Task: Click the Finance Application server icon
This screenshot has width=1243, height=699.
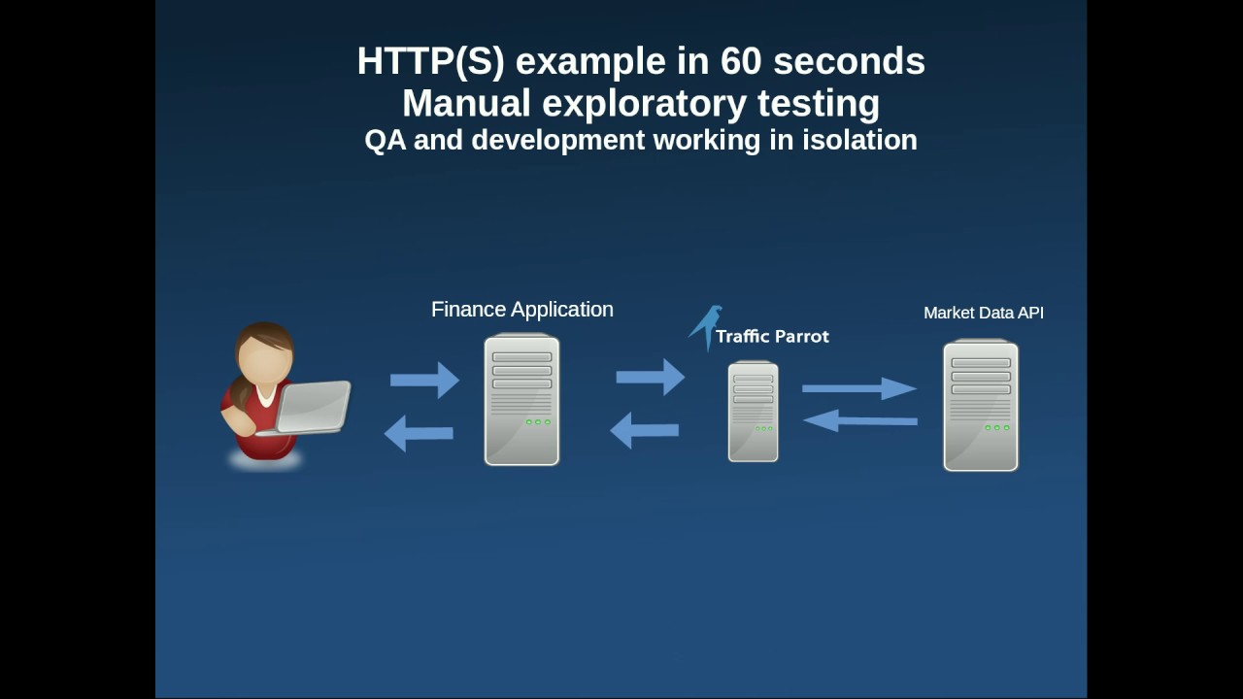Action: [521, 400]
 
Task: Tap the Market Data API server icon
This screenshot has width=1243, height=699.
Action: [981, 406]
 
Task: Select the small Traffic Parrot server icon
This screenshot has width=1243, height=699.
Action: [753, 412]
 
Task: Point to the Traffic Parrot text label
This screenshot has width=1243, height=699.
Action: [772, 337]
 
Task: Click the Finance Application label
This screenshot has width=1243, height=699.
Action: [522, 310]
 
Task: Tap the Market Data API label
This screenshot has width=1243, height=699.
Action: [983, 313]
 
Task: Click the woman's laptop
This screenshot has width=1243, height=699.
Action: [313, 407]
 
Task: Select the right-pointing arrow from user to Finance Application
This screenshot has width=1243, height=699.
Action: [424, 380]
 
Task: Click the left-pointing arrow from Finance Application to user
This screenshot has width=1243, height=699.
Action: [419, 433]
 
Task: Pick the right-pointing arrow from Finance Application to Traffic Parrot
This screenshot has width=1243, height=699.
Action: [650, 377]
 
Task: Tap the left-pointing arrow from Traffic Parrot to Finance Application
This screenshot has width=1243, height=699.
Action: [644, 430]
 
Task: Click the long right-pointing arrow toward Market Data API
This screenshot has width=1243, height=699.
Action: [858, 388]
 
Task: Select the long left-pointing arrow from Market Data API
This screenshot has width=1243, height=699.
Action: [860, 420]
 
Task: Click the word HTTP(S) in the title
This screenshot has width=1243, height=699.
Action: [430, 61]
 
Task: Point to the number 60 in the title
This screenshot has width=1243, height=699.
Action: [742, 61]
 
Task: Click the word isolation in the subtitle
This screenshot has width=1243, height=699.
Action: [859, 140]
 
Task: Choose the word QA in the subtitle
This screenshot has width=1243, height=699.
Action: [385, 141]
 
